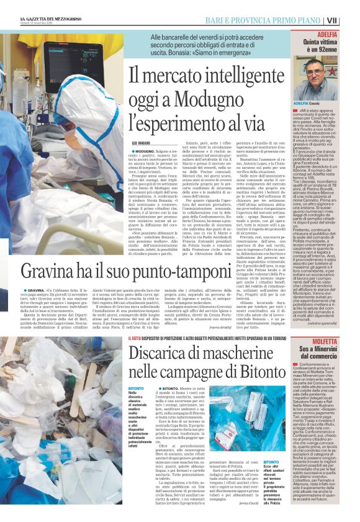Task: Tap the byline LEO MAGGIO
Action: [x=142, y=143]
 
